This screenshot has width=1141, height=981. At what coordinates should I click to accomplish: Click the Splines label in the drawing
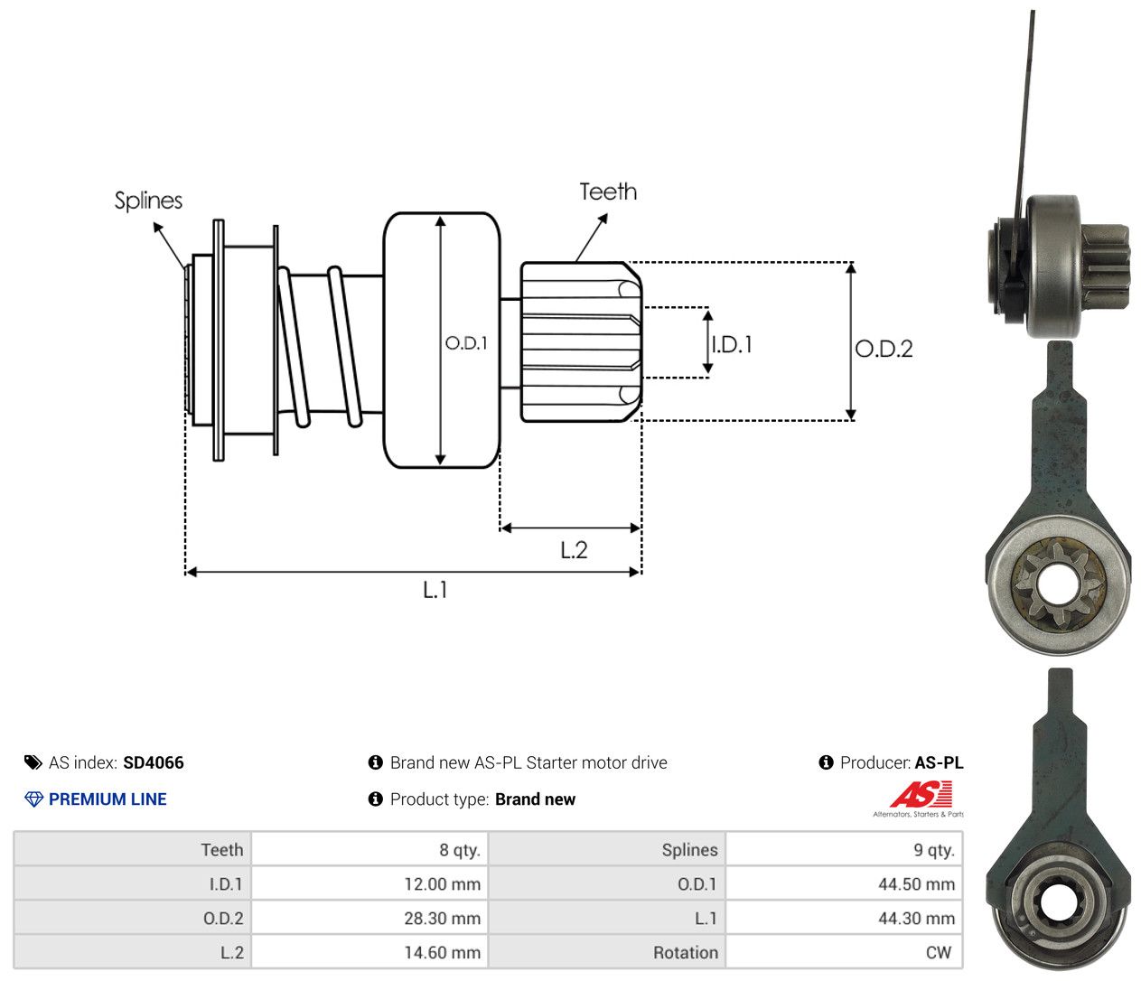tap(148, 201)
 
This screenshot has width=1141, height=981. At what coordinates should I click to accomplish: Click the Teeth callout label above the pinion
tap(608, 192)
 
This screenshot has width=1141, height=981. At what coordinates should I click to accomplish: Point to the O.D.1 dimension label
tap(466, 343)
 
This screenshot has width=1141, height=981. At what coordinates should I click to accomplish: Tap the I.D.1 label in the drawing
tap(732, 345)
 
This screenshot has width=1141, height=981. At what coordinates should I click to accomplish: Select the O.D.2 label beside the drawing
tap(884, 349)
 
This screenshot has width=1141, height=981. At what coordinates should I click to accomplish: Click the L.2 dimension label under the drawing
tap(574, 550)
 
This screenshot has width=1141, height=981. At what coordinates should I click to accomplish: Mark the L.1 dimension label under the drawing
tap(435, 590)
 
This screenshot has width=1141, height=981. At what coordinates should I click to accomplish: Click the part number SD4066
tap(154, 762)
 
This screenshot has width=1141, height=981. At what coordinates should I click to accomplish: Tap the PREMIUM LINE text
tap(108, 799)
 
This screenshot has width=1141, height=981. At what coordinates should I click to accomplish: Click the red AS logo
tap(921, 794)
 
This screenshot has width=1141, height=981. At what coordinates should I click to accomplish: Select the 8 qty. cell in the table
tap(369, 850)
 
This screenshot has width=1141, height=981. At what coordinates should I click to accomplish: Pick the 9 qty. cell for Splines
tap(844, 850)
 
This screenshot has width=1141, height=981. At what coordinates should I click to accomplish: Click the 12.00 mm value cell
tap(369, 883)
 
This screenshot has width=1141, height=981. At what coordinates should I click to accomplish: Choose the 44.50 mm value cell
tap(844, 883)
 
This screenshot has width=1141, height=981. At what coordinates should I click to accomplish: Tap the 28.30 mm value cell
tap(369, 918)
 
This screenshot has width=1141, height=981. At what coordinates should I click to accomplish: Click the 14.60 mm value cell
tap(369, 952)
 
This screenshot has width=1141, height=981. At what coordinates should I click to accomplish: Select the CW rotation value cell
tap(844, 952)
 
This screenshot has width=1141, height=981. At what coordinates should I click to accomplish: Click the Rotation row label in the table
tap(686, 952)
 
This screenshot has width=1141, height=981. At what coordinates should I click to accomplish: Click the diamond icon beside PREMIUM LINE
tap(33, 799)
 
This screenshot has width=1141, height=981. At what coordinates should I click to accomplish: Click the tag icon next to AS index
tap(33, 762)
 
